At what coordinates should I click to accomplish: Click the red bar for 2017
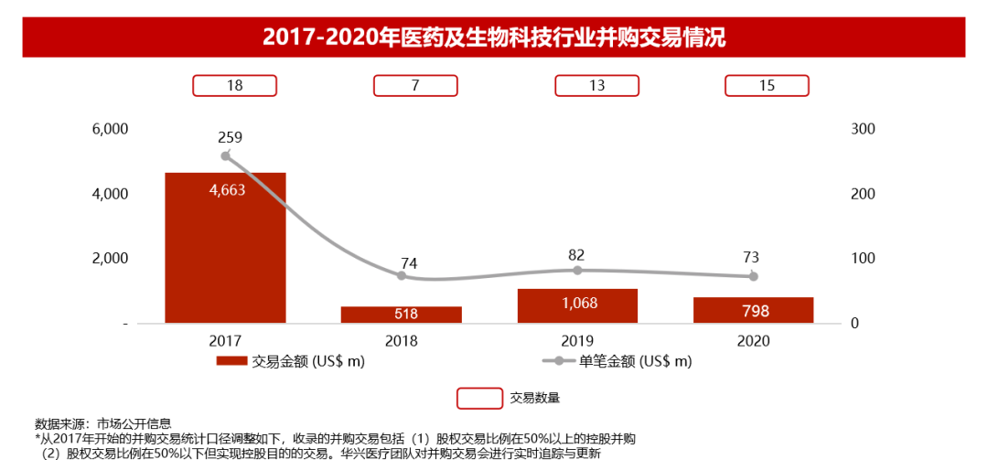225,248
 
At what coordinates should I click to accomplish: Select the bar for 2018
401,314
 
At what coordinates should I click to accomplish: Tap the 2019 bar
577,305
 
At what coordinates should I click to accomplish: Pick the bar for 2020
753,310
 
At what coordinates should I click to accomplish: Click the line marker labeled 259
226,155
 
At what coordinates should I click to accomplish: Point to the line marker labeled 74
402,275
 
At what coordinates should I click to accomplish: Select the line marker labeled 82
577,270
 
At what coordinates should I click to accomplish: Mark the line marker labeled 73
754,276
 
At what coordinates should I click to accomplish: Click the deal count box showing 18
234,86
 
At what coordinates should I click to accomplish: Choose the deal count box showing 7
415,86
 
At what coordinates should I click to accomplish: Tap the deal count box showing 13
596,86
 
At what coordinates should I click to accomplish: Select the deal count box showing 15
767,86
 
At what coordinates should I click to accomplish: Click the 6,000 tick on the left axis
110,129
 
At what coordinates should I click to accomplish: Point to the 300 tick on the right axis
863,129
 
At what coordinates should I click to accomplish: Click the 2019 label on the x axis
577,340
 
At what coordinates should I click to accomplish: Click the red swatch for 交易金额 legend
231,361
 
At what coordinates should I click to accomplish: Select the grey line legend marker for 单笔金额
559,361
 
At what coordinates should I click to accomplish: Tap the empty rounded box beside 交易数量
479,398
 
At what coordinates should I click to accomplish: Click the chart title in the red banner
494,37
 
